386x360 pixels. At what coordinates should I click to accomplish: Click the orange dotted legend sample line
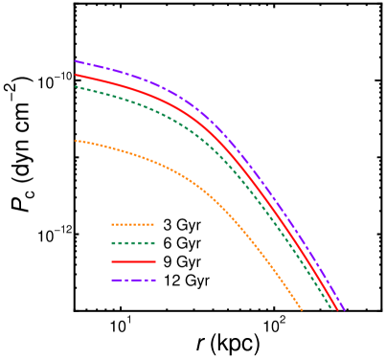pos(132,225)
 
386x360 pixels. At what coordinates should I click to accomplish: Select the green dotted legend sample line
pos(132,243)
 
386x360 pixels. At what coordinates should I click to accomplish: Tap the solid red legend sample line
pos(132,261)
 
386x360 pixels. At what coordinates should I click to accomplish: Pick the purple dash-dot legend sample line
pos(132,280)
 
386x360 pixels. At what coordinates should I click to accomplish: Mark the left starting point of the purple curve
pos(76,61)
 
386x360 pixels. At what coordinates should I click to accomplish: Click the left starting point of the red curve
pos(76,75)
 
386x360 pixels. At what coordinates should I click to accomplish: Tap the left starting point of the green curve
pos(76,86)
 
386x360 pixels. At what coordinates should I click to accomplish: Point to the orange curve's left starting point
pos(76,141)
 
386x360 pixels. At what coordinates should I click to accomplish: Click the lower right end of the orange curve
pos(302,309)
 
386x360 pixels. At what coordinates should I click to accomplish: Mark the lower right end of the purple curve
pos(344,310)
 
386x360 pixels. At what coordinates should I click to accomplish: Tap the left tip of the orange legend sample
pos(112,225)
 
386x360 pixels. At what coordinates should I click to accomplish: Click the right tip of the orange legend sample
pos(153,225)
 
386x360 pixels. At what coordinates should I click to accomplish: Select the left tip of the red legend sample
pos(112,261)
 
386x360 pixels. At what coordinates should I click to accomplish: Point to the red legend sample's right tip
pos(154,261)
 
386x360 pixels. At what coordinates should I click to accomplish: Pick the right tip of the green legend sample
pos(153,243)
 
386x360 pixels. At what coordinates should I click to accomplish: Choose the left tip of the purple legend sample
pos(112,280)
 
